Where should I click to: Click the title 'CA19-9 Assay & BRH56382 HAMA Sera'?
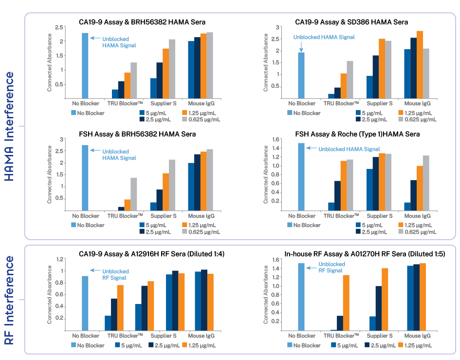142,22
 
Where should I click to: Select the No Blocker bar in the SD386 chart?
301,76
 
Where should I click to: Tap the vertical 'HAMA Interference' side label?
10,126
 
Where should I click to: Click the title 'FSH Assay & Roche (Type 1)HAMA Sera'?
358,134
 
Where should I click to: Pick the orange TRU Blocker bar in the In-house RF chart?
347,303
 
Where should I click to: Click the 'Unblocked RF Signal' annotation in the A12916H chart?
115,274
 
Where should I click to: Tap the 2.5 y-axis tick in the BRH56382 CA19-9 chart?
60,27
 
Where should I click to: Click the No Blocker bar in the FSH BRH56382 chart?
85,178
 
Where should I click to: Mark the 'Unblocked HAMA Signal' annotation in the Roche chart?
349,149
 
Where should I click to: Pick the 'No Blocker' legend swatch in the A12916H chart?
74,345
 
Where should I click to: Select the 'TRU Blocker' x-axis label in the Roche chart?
342,216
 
